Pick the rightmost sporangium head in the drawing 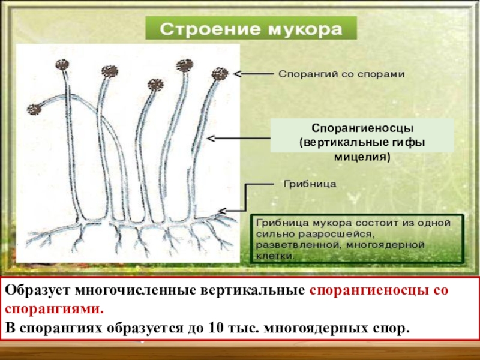click(x=221, y=73)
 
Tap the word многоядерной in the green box click(x=388, y=245)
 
